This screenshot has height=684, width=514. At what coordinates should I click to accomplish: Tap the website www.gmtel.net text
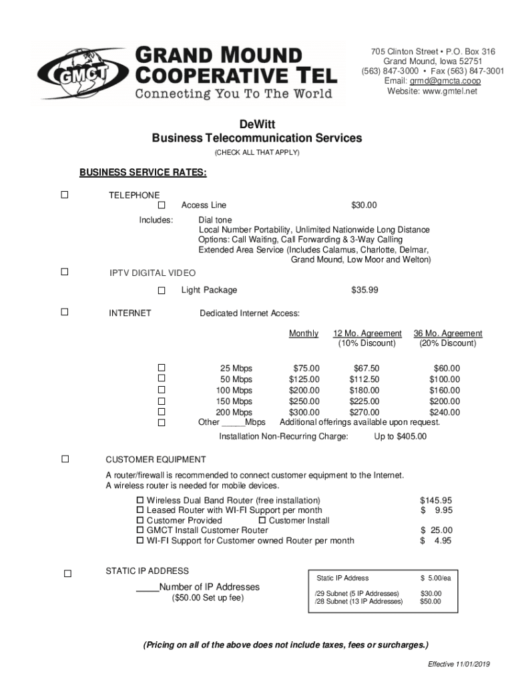[x=432, y=92]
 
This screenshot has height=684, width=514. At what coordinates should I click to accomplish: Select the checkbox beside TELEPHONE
[x=65, y=195]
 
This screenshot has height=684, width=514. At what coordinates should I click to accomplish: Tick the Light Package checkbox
[x=162, y=291]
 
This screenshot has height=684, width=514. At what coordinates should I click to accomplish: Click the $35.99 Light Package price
[x=364, y=290]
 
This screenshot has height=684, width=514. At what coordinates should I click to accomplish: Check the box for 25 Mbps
[x=162, y=368]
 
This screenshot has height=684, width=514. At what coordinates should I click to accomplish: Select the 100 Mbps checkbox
[x=162, y=390]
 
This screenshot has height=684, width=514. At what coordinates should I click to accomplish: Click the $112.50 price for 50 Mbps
[x=364, y=379]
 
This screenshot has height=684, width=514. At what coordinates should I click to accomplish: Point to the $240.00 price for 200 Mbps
[x=445, y=412]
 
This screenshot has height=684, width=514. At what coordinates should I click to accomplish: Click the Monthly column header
[x=304, y=333]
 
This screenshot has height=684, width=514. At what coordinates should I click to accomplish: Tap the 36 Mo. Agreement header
[x=448, y=333]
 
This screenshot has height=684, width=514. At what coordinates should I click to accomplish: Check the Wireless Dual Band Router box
[x=140, y=500]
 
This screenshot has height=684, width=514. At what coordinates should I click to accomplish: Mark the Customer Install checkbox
[x=262, y=520]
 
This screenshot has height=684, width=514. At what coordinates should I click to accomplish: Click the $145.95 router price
[x=436, y=500]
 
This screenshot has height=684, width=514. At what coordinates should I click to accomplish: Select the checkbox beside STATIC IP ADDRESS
[x=67, y=573]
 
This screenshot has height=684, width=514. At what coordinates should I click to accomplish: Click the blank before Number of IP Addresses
[x=147, y=587]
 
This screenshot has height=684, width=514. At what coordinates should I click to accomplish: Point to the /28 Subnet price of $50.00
[x=430, y=602]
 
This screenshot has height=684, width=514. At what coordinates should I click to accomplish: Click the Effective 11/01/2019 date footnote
[x=459, y=664]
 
